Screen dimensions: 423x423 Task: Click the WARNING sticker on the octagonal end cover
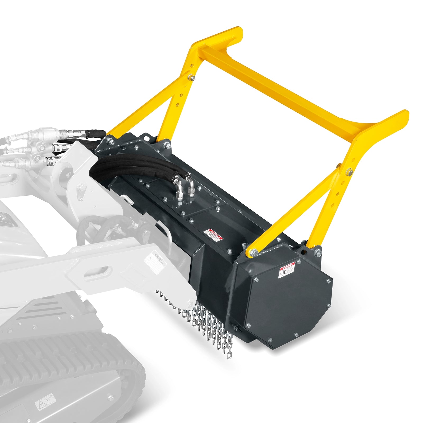tap(287, 270)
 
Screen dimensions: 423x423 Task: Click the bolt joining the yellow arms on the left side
tap(191, 77)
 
